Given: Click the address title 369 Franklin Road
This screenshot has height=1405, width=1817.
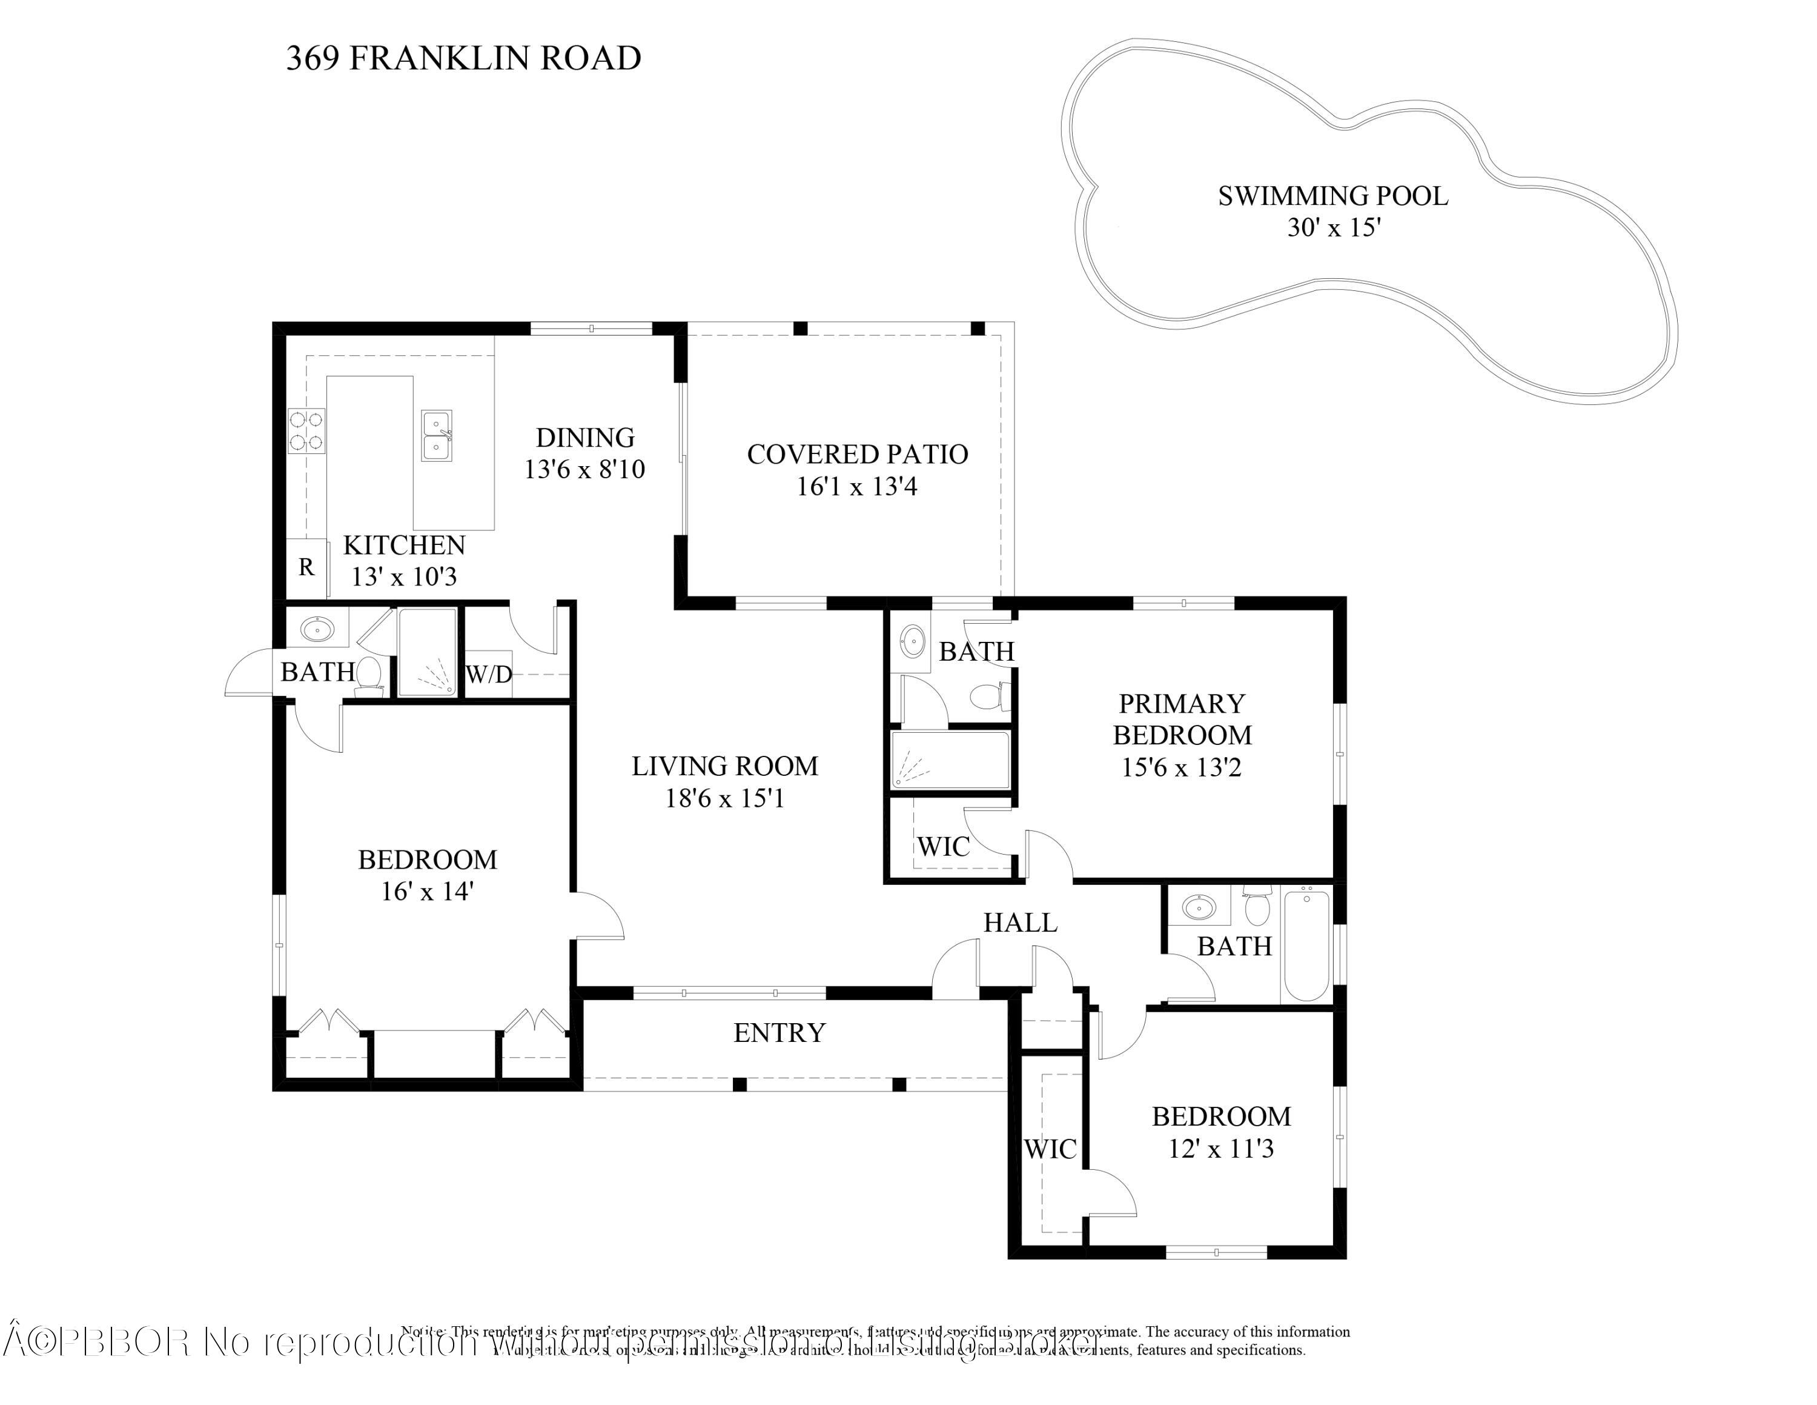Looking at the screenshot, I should (463, 58).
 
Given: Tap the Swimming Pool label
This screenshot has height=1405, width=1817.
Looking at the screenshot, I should (1333, 196).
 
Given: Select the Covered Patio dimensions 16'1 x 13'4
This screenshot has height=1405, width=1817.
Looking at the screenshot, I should (857, 486).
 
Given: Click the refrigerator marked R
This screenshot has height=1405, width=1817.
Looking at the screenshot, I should (306, 568).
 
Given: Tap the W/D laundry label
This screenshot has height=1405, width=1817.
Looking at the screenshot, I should (488, 674).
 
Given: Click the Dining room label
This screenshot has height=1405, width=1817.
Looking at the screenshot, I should (585, 438).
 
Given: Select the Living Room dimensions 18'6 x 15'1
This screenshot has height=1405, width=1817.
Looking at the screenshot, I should (724, 799).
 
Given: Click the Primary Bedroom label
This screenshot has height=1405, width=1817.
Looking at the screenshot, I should (1182, 719).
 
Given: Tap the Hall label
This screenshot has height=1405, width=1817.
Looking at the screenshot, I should (1020, 923).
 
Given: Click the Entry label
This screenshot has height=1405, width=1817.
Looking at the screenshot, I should (779, 1033).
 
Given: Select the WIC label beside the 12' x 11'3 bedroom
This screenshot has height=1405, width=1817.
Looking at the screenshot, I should (1050, 1149).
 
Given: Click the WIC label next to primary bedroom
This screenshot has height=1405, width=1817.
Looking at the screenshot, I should (944, 847).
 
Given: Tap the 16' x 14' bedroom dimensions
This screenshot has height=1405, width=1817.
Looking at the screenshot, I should (427, 892).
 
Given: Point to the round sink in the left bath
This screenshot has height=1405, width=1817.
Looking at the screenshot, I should (317, 629).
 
